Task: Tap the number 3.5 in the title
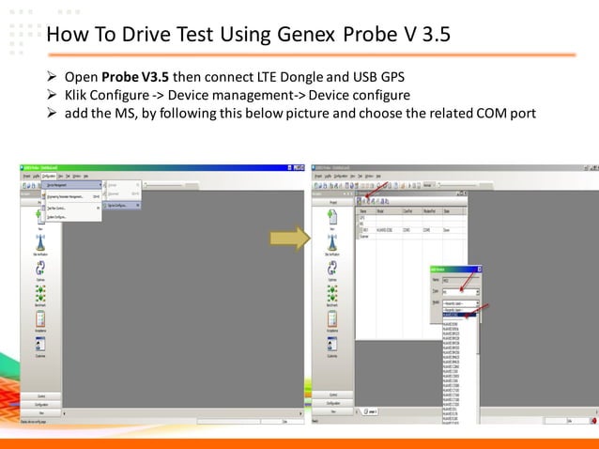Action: point(431,36)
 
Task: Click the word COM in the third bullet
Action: point(481,115)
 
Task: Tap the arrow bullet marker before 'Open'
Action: point(53,75)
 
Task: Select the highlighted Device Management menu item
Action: point(71,185)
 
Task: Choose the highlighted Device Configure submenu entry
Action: point(122,205)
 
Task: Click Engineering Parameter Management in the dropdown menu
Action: point(71,195)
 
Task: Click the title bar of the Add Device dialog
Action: point(455,269)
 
